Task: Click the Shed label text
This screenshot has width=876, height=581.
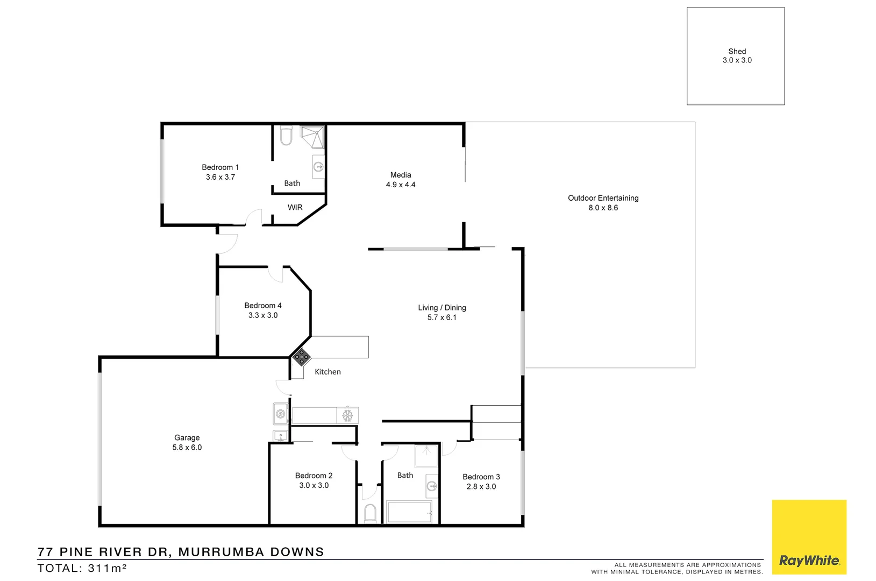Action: click(737, 52)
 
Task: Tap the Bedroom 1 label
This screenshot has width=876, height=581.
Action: click(220, 167)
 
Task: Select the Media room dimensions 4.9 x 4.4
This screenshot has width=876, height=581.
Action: click(400, 185)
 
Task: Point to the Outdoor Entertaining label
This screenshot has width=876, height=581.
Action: click(603, 198)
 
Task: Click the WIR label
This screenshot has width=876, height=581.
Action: click(295, 207)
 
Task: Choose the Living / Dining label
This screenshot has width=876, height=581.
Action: click(441, 308)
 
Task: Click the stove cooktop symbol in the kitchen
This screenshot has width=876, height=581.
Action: click(301, 357)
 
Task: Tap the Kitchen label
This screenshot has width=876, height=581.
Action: click(327, 372)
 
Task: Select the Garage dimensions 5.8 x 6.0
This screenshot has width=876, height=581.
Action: click(187, 448)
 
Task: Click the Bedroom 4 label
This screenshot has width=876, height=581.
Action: click(262, 306)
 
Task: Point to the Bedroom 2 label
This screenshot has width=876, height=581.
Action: click(314, 476)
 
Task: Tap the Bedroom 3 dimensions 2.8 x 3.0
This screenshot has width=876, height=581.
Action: click(481, 486)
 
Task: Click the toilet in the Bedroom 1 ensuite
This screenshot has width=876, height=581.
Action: click(286, 136)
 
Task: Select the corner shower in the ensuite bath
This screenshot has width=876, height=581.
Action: click(312, 137)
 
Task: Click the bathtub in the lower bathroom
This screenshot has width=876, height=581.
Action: click(409, 512)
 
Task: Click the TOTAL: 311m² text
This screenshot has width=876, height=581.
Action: click(82, 568)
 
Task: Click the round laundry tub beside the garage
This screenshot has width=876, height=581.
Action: click(280, 414)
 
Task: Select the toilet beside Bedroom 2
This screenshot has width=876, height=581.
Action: click(369, 514)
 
